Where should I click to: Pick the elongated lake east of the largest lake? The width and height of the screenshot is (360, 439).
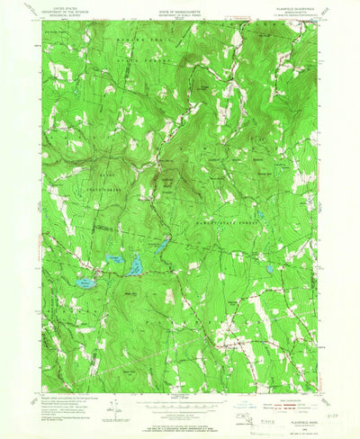[x=137, y=266]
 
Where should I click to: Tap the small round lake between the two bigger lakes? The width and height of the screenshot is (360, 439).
[x=114, y=261]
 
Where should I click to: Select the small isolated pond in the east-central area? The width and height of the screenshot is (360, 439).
[x=269, y=269]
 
